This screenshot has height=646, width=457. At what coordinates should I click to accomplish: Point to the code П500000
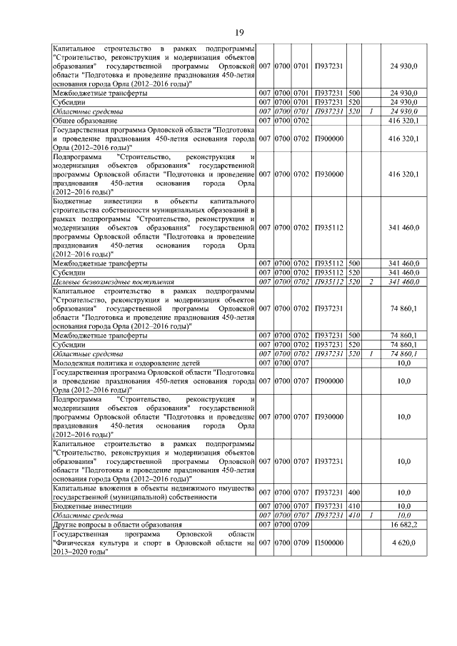click(x=328, y=542)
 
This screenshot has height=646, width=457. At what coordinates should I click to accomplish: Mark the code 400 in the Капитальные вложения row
click(x=353, y=492)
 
